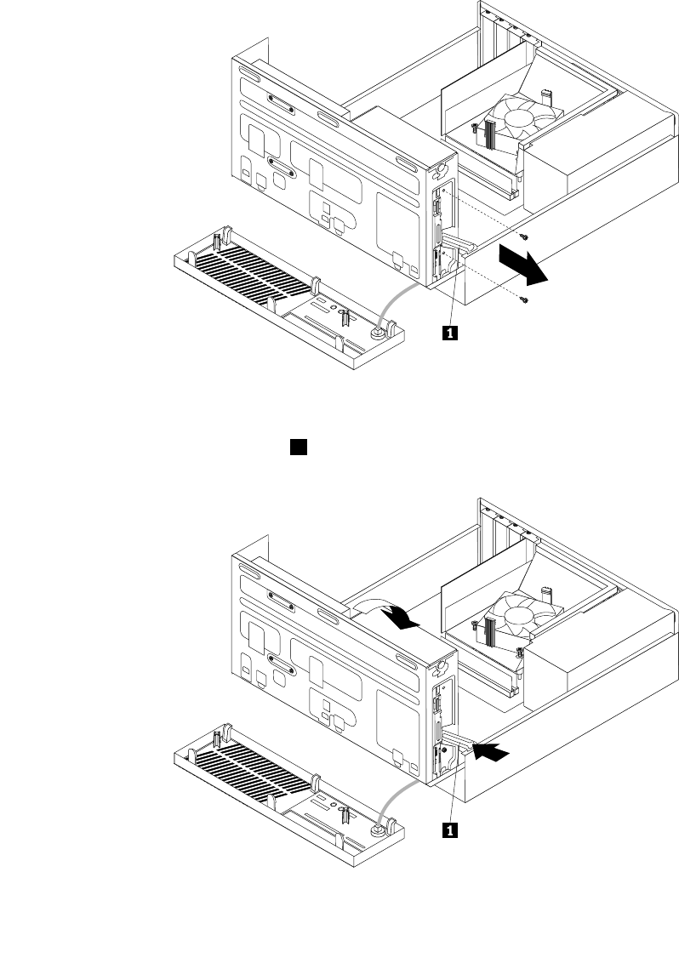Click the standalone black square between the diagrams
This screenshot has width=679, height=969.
pyautogui.click(x=298, y=445)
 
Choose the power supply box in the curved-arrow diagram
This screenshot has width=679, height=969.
pyautogui.click(x=596, y=659)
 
